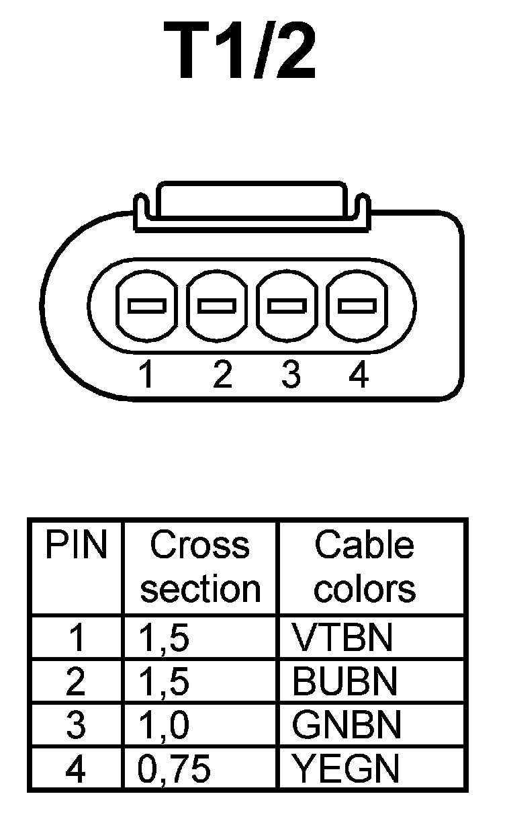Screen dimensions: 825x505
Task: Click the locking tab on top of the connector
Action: (x=251, y=201)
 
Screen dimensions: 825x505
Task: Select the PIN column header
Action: (x=76, y=546)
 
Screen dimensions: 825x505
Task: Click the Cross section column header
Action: (x=200, y=567)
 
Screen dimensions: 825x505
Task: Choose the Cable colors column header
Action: (x=365, y=567)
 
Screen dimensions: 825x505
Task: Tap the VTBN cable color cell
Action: (x=342, y=638)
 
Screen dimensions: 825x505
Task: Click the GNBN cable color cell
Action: (x=347, y=725)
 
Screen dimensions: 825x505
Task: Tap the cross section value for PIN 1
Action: (x=163, y=639)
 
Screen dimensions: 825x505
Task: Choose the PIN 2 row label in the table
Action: (x=76, y=682)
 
